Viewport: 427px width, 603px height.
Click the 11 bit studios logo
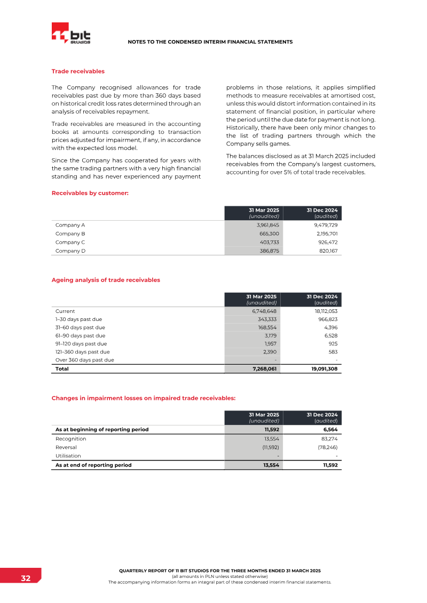click(71, 35)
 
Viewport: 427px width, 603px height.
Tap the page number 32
click(26, 578)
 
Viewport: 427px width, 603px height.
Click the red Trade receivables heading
click(78, 71)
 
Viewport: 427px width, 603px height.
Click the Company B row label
click(70, 234)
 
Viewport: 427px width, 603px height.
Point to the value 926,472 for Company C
click(325, 242)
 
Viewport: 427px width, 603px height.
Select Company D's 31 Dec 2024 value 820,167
click(326, 250)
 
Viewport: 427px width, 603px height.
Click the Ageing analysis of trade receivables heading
click(106, 279)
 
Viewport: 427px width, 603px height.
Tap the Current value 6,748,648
click(264, 311)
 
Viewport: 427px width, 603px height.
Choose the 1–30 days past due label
click(78, 319)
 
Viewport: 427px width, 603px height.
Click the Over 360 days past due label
click(85, 360)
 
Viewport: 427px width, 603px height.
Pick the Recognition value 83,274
click(328, 439)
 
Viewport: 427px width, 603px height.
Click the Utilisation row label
click(68, 456)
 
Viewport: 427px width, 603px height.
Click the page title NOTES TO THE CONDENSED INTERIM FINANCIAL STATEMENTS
click(210, 42)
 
